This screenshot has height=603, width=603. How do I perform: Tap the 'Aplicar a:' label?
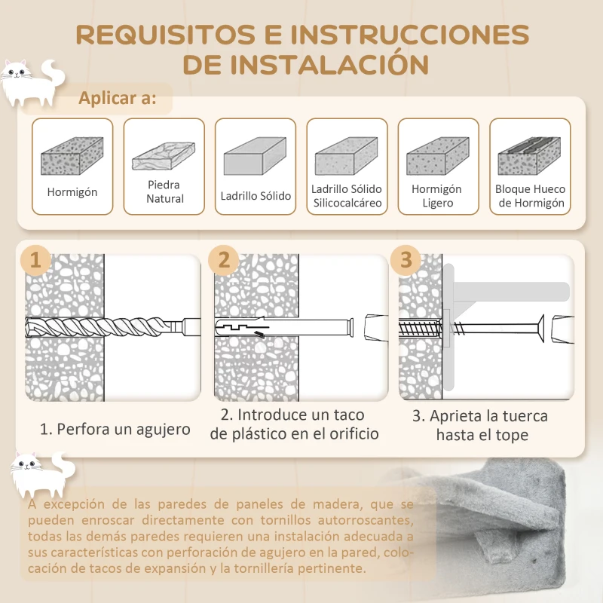(x=118, y=99)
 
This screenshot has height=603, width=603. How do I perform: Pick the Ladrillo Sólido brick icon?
(x=256, y=157)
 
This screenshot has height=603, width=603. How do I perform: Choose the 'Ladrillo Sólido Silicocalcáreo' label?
(x=347, y=196)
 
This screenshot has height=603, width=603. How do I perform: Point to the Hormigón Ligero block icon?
(x=437, y=156)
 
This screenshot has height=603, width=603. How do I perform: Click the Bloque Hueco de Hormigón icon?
(x=529, y=155)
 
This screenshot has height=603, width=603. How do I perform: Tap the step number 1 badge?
(x=35, y=261)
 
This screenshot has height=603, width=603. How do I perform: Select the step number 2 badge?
(x=223, y=261)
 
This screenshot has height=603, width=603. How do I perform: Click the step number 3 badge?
(x=407, y=261)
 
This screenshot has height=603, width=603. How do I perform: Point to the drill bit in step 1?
(x=106, y=328)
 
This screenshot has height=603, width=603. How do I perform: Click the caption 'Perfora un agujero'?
(x=115, y=430)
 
